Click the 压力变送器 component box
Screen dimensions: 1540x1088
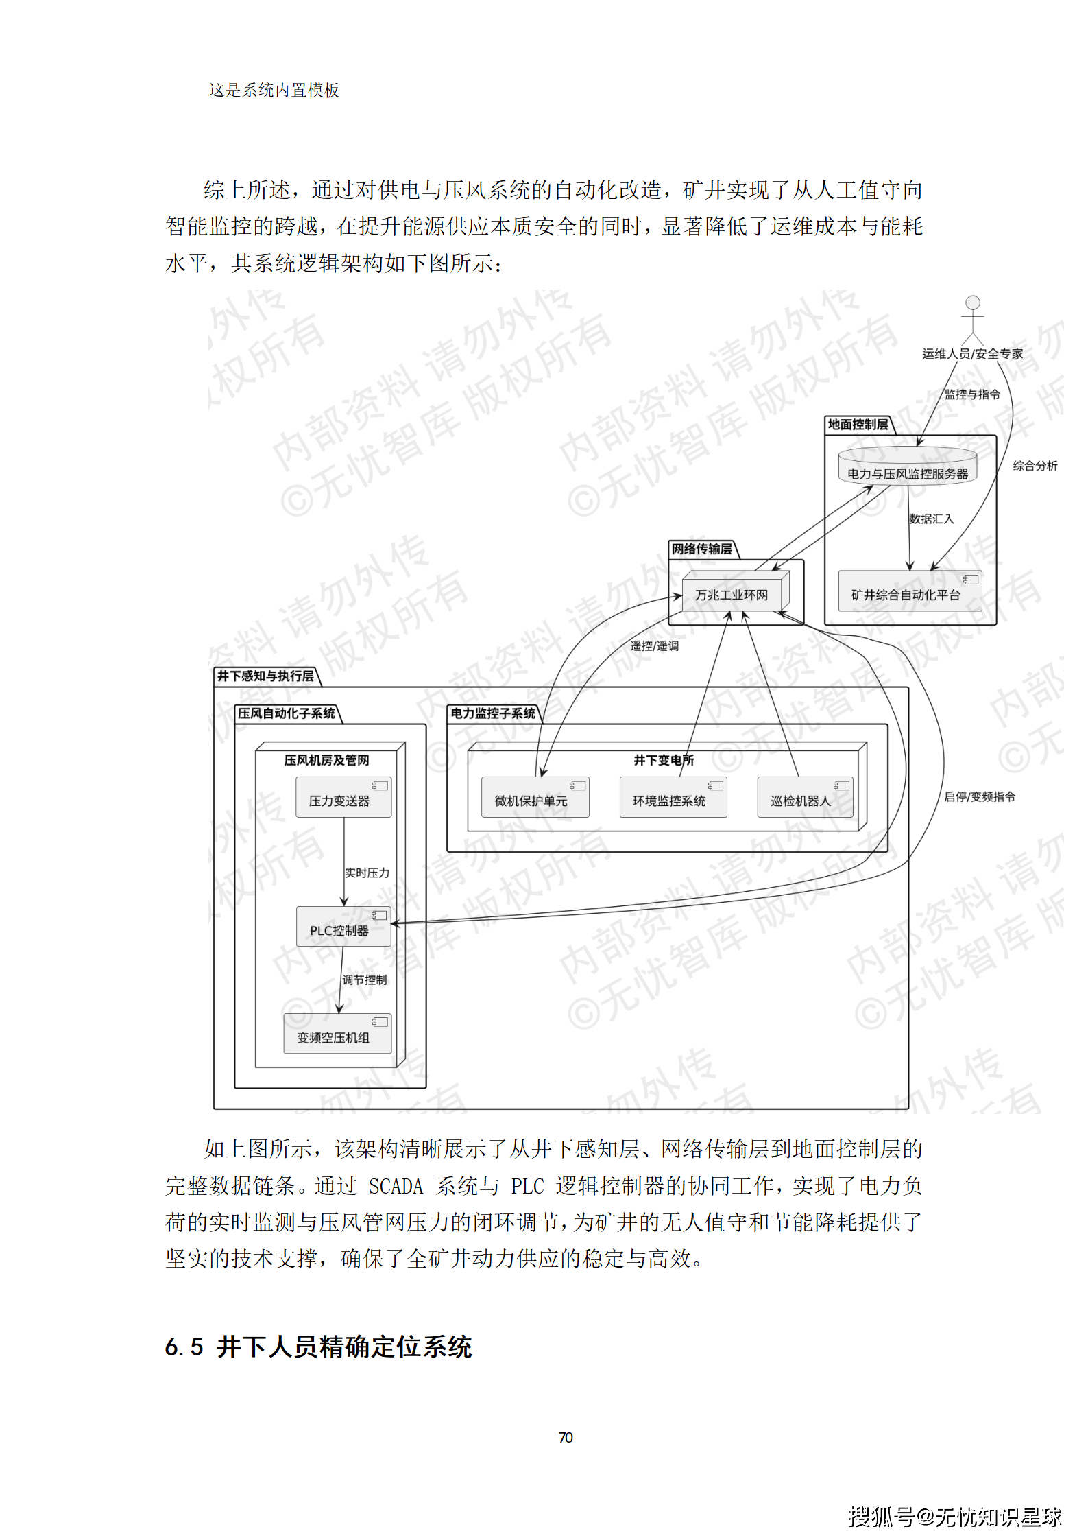(x=343, y=797)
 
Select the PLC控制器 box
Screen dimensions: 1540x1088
(x=343, y=927)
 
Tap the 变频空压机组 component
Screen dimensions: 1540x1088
(x=337, y=1034)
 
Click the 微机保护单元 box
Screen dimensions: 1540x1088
(x=535, y=797)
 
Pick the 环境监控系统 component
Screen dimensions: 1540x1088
(x=673, y=797)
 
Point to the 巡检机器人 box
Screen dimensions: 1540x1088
(x=805, y=797)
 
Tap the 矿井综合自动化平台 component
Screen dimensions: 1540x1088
(x=910, y=591)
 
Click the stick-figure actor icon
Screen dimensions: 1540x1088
(x=972, y=319)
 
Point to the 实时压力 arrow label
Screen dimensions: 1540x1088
(x=367, y=873)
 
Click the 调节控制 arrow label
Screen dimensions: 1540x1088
(x=364, y=980)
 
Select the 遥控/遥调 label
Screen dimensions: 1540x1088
(x=654, y=645)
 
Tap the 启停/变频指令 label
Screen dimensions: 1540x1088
(x=979, y=796)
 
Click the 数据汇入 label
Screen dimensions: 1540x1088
(x=931, y=519)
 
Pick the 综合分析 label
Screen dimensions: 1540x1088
(x=1035, y=466)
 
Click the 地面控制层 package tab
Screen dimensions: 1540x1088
(x=858, y=425)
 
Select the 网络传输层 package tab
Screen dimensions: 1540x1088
(x=701, y=549)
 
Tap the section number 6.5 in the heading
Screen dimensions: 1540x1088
(x=184, y=1347)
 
